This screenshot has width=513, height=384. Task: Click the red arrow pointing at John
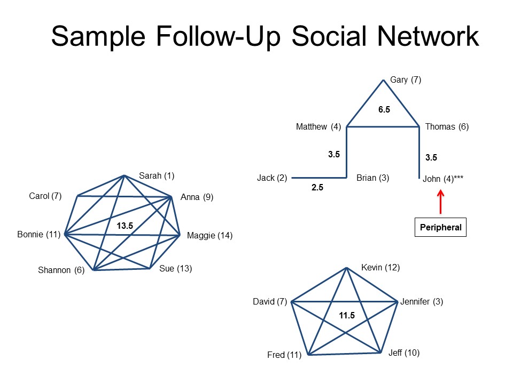coord(440,202)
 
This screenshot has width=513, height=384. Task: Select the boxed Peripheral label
coord(440,227)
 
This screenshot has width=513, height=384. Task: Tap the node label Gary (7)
coord(406,80)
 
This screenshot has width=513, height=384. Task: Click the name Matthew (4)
coord(318,127)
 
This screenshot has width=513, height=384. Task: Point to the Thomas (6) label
coord(447,127)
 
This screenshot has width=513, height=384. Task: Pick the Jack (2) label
coord(272,178)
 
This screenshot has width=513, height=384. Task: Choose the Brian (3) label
coord(372,178)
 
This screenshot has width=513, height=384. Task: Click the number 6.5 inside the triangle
coord(384,110)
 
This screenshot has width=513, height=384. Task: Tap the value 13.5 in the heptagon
coord(125,226)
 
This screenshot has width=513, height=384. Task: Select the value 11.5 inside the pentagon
coord(347,315)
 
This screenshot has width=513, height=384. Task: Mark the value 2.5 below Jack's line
coord(317,187)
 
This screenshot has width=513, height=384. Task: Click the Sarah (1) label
coord(157,175)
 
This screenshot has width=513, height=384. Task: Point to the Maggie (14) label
coord(209,235)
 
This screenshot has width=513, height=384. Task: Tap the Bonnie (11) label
coord(39,235)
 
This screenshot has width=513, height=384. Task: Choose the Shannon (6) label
coord(61,270)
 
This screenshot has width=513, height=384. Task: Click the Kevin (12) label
coord(380,268)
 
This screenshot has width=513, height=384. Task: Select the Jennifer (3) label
coord(422,302)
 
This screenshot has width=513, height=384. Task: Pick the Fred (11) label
coord(284,355)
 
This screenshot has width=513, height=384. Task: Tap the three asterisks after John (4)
coord(458,178)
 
